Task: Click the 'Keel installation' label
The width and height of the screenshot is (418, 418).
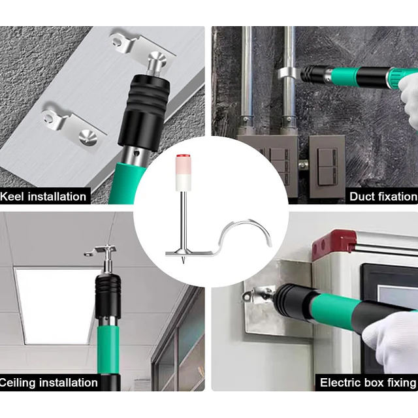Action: pyautogui.click(x=43, y=197)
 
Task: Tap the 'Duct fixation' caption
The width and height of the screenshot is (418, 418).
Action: pyautogui.click(x=383, y=197)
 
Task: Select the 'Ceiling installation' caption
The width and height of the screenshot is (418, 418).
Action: pyautogui.click(x=49, y=383)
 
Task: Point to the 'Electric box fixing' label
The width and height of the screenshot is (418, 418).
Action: pyautogui.click(x=368, y=383)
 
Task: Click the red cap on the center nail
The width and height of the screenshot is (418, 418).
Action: pyautogui.click(x=184, y=155)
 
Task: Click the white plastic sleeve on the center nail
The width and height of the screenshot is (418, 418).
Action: pyautogui.click(x=184, y=172)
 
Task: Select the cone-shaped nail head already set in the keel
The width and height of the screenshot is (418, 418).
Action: pyautogui.click(x=88, y=136)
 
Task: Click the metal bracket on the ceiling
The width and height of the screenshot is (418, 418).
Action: pyautogui.click(x=101, y=251)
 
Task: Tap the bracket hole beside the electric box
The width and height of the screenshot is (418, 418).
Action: pyautogui.click(x=247, y=296)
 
